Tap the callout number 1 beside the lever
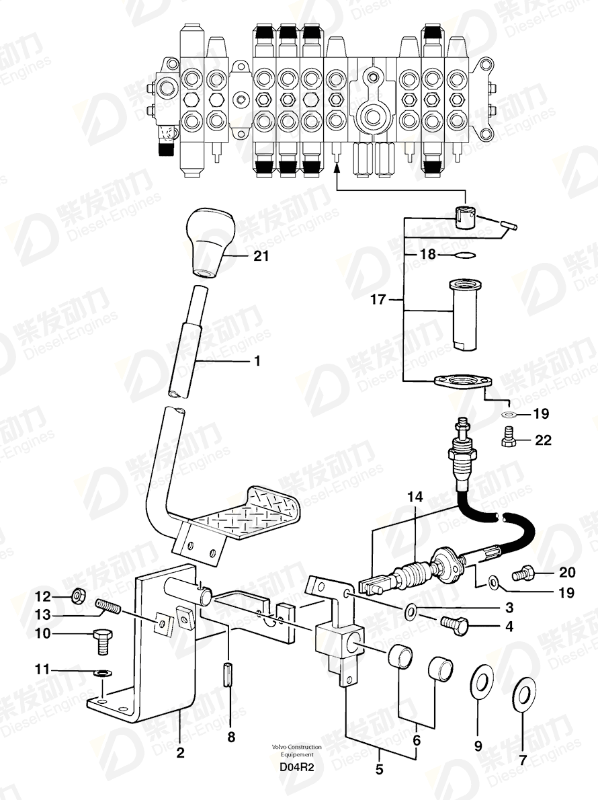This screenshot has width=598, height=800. click(257, 361)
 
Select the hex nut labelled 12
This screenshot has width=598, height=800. click(78, 595)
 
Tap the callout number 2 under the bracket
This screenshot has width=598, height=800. click(181, 752)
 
